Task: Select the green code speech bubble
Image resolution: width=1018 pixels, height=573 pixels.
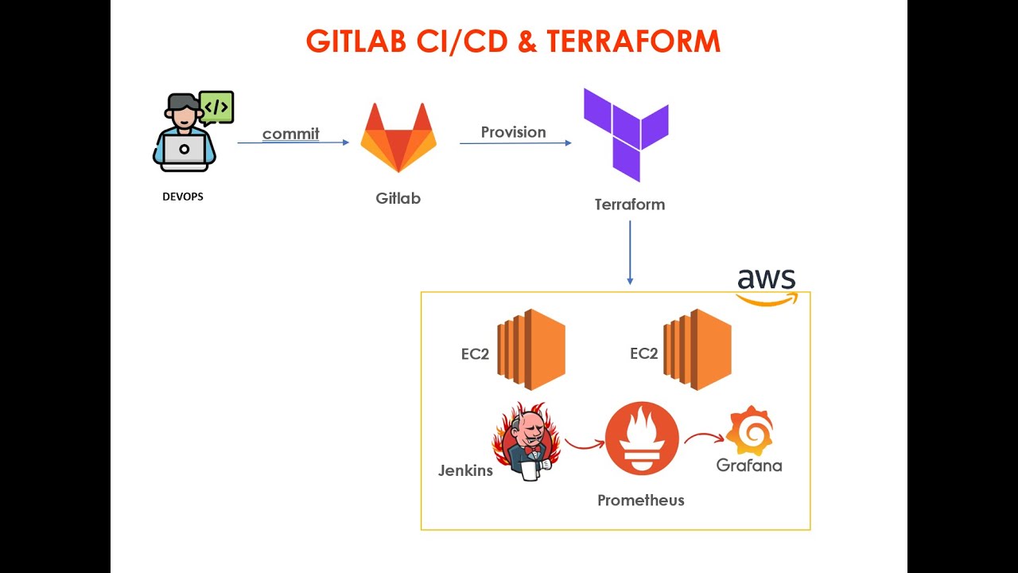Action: [216, 107]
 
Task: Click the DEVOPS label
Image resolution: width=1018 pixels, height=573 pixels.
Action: [183, 197]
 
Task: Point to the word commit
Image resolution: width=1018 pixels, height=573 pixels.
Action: [290, 134]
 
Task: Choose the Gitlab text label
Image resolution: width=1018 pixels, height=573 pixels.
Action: [398, 198]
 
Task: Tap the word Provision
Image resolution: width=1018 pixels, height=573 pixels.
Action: [513, 132]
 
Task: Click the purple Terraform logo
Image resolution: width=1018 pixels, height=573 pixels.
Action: [626, 134]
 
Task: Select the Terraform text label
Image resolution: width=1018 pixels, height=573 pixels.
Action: [629, 205]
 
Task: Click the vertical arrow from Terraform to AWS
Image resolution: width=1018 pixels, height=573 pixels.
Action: [630, 252]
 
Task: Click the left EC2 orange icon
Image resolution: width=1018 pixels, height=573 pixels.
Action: [531, 349]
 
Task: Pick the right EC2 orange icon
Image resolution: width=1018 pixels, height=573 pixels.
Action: [697, 349]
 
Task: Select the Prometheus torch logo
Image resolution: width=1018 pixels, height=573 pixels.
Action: [642, 439]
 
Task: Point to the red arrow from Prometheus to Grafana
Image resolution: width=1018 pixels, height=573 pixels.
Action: [704, 437]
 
